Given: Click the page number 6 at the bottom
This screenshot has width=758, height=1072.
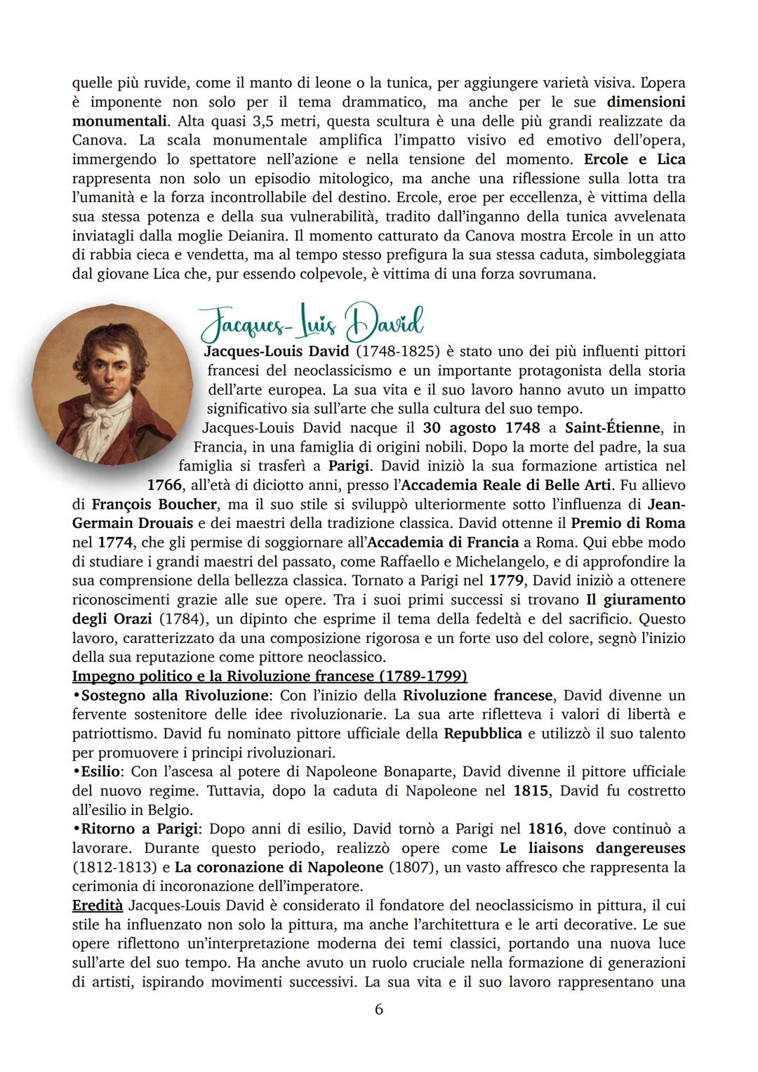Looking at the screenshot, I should coord(379,1010).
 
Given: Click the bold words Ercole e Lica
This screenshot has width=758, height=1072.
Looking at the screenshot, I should coord(634,159).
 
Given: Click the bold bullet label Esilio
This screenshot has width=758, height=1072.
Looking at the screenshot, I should coord(101,771).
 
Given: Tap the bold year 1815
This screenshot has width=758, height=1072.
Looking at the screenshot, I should coord(531,790).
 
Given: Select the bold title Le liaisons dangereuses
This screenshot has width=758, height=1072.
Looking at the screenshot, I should coord(592,847).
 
